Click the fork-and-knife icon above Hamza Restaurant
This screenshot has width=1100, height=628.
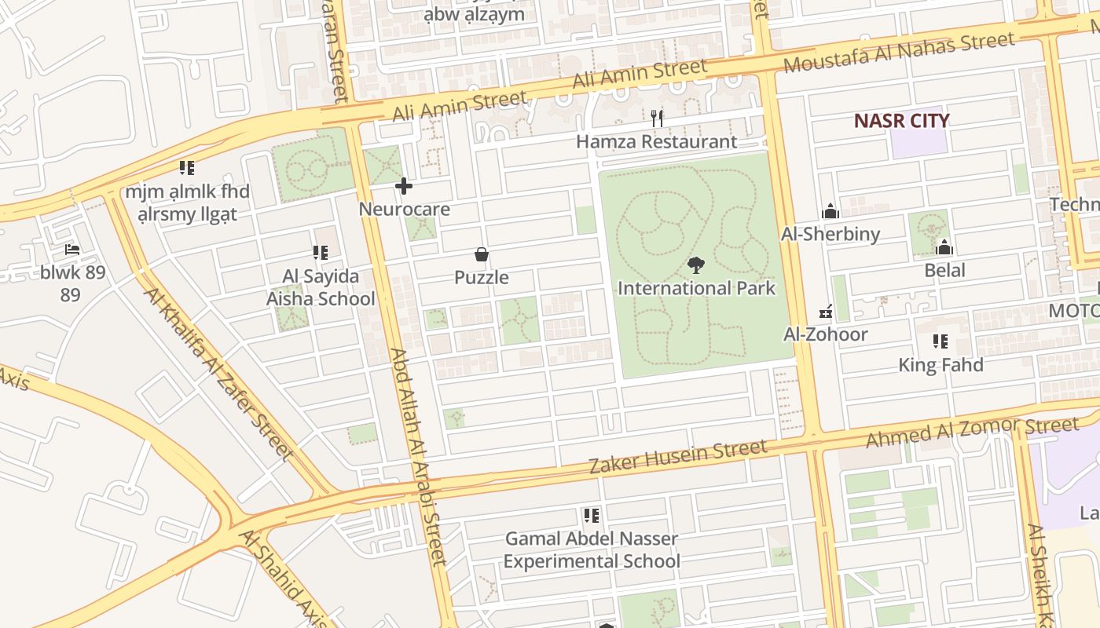click(658, 119)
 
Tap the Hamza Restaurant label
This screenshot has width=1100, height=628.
click(656, 142)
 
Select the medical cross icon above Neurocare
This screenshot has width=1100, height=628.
click(404, 186)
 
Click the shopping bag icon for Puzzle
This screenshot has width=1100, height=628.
click(482, 254)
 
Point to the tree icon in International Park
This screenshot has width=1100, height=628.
click(695, 265)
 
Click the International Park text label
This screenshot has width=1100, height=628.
click(696, 288)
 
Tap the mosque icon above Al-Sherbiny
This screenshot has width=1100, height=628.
click(830, 211)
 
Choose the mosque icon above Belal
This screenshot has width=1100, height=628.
click(944, 248)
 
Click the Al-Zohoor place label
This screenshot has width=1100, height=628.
click(826, 334)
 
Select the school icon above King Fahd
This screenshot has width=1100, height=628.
click(940, 341)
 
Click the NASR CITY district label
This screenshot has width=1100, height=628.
click(901, 121)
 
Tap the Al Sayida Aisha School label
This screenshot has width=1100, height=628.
click(321, 287)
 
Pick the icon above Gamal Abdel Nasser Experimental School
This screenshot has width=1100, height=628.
click(592, 516)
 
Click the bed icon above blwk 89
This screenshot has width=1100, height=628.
click(71, 250)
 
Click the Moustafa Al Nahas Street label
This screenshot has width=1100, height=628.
click(899, 53)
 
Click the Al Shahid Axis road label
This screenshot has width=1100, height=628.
click(283, 579)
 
